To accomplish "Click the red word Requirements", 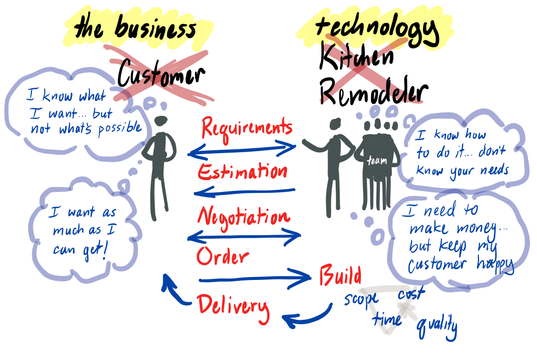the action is click(247, 129).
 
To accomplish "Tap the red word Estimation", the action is click(243, 172).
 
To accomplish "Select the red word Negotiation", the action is click(244, 217).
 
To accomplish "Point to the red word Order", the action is click(223, 256).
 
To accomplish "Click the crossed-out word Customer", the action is click(161, 74).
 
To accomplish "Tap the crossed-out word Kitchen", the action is click(356, 57).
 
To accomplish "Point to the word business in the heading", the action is click(156, 27).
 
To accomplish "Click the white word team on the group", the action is click(377, 160).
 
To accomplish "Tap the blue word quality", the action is click(437, 327).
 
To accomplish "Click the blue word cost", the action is click(411, 293).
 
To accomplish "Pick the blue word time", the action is click(387, 319).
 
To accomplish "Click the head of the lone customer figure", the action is click(161, 121).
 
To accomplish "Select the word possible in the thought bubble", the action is click(120, 129).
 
